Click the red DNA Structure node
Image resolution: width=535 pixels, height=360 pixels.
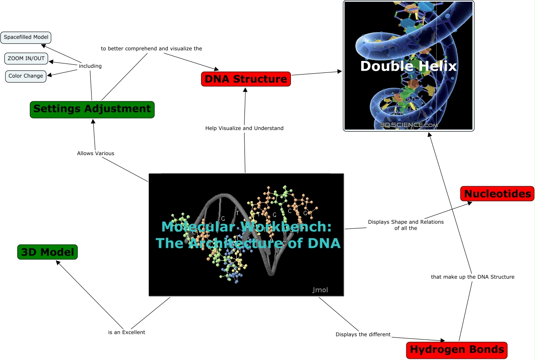click(x=246, y=79)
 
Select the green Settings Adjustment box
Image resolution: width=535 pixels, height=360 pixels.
click(x=92, y=109)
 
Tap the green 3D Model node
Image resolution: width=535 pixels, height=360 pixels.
click(x=48, y=252)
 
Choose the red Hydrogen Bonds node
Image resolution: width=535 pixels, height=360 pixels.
click(x=457, y=350)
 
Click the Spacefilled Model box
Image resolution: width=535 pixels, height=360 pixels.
click(x=26, y=37)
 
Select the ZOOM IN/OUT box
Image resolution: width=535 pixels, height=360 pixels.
click(x=26, y=58)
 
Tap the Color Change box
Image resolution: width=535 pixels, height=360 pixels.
click(x=26, y=76)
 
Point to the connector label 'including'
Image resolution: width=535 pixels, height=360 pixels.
click(x=90, y=66)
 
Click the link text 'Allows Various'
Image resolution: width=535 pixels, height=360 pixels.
click(x=95, y=153)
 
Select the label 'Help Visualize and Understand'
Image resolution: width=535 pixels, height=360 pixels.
click(x=244, y=128)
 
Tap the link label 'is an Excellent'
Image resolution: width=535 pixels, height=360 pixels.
click(x=127, y=332)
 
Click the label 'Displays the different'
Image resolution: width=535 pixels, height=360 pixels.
click(x=363, y=334)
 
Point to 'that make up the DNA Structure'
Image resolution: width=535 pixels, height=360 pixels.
click(x=472, y=277)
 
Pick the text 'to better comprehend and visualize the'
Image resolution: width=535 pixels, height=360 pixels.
click(x=151, y=49)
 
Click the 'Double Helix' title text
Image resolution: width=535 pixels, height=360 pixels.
click(x=408, y=66)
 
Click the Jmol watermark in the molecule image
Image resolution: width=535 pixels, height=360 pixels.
click(x=320, y=290)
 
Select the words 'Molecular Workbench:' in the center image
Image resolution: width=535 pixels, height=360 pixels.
click(x=246, y=226)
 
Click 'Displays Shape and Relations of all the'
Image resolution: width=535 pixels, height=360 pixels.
click(x=406, y=225)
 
